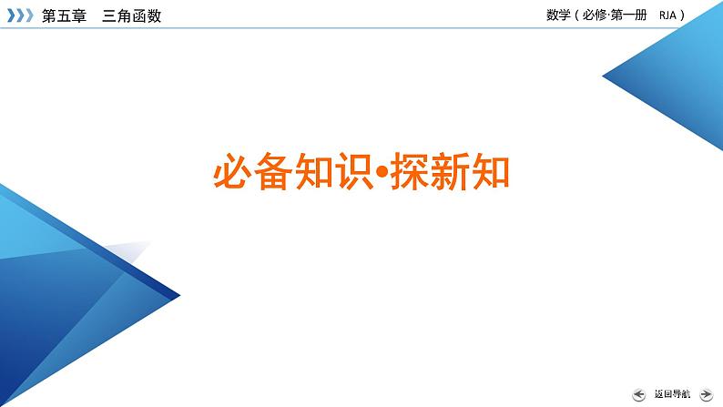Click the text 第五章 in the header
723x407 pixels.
[64, 15]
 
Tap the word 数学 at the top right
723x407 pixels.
[558, 15]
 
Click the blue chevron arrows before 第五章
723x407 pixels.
[18, 15]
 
